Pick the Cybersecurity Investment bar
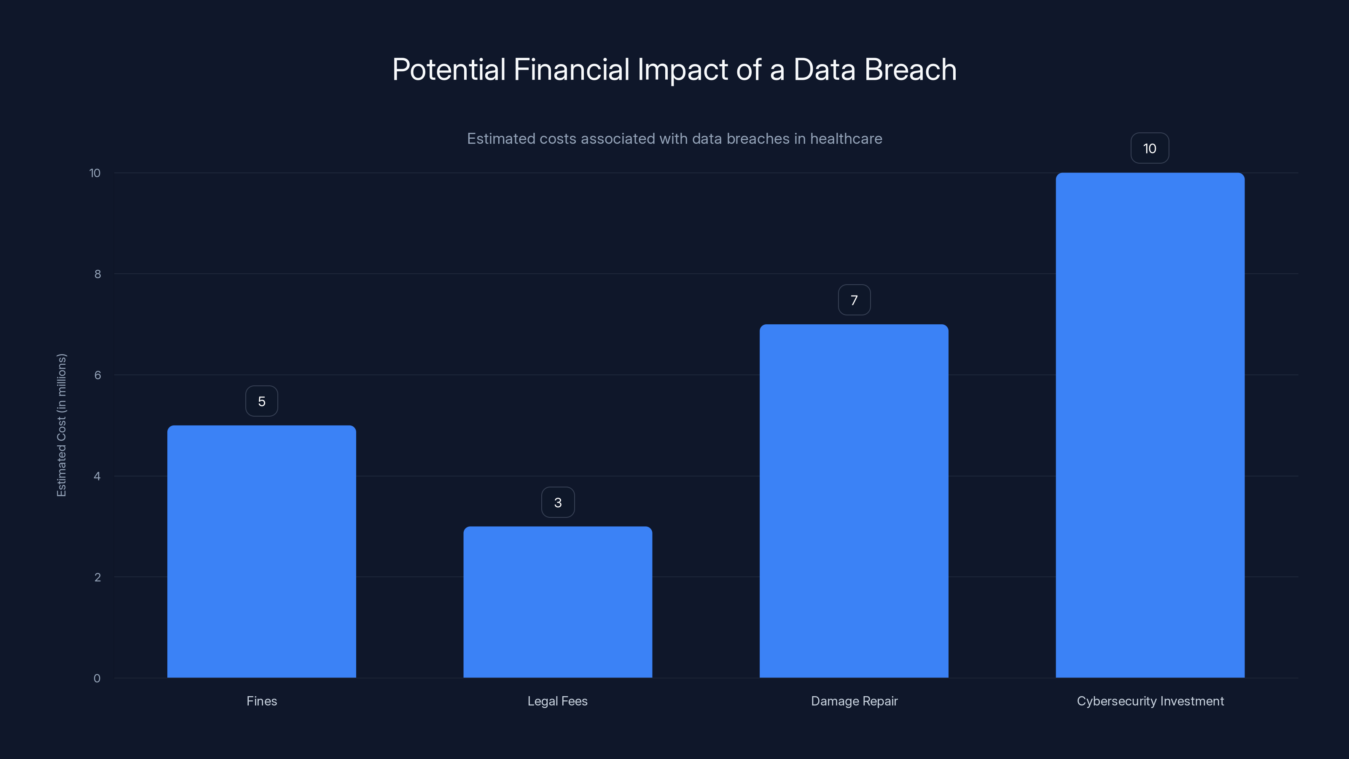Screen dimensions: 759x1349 pos(1150,425)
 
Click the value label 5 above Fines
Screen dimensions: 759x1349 pos(262,401)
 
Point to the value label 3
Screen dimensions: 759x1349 pos(558,502)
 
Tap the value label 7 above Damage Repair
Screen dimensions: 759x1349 pos(854,300)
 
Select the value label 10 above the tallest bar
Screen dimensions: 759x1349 pos(1150,149)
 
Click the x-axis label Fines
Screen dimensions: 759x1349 pos(262,701)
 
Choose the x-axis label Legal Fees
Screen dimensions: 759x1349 pos(557,701)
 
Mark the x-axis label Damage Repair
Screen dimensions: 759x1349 pos(854,701)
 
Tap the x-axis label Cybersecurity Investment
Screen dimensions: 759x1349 pos(1150,701)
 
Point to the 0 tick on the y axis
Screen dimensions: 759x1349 pos(97,678)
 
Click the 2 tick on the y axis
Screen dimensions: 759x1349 pos(97,577)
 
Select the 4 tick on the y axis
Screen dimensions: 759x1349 pos(97,476)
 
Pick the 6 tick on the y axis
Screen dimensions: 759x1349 pos(97,375)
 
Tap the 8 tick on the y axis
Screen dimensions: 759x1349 pos(97,274)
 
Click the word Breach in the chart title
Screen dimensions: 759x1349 pos(910,70)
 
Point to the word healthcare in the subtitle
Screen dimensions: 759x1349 pos(846,139)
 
